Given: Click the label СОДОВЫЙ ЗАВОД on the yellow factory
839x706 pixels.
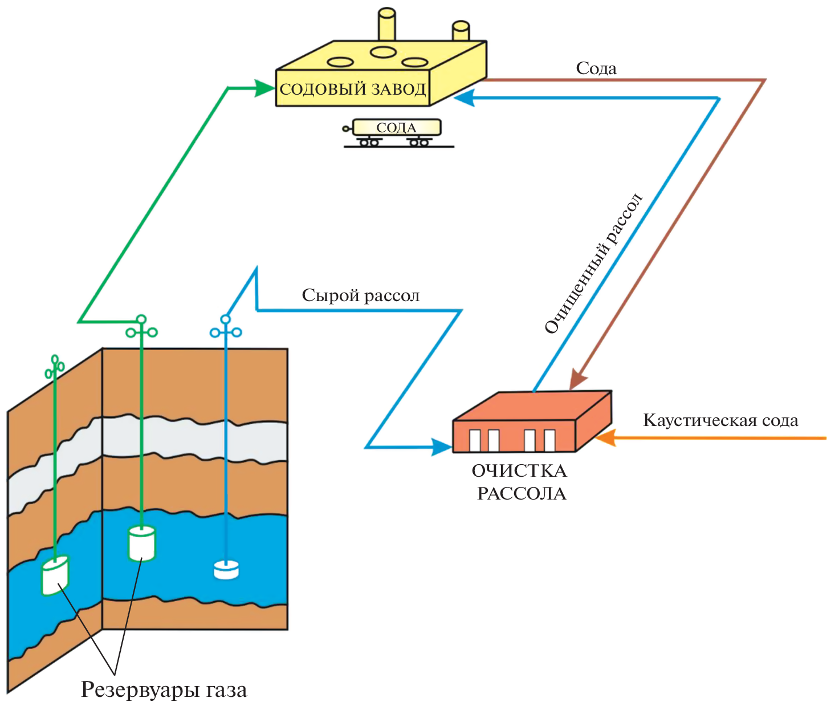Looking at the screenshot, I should click(x=353, y=90).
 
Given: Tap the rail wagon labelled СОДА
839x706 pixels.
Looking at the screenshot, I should click(x=397, y=128).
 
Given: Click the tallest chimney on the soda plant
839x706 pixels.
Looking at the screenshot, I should click(x=387, y=26).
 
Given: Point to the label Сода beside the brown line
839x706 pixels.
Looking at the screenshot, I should click(x=596, y=68).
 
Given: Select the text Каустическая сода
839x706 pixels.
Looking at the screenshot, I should click(x=720, y=421).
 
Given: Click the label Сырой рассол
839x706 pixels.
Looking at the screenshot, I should click(x=361, y=295).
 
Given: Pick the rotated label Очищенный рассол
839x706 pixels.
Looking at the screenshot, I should click(x=593, y=264).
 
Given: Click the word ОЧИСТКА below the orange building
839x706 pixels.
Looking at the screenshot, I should click(x=519, y=471).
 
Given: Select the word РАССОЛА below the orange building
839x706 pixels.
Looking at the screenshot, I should click(x=522, y=494).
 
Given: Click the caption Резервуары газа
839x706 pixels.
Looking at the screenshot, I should click(x=164, y=689).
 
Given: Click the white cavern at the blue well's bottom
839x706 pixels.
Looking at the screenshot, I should click(x=226, y=570).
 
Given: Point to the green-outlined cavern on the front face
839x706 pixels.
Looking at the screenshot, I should click(x=141, y=543).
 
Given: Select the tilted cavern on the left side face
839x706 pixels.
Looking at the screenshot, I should click(x=55, y=576).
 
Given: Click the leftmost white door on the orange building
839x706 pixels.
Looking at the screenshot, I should click(x=475, y=440).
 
